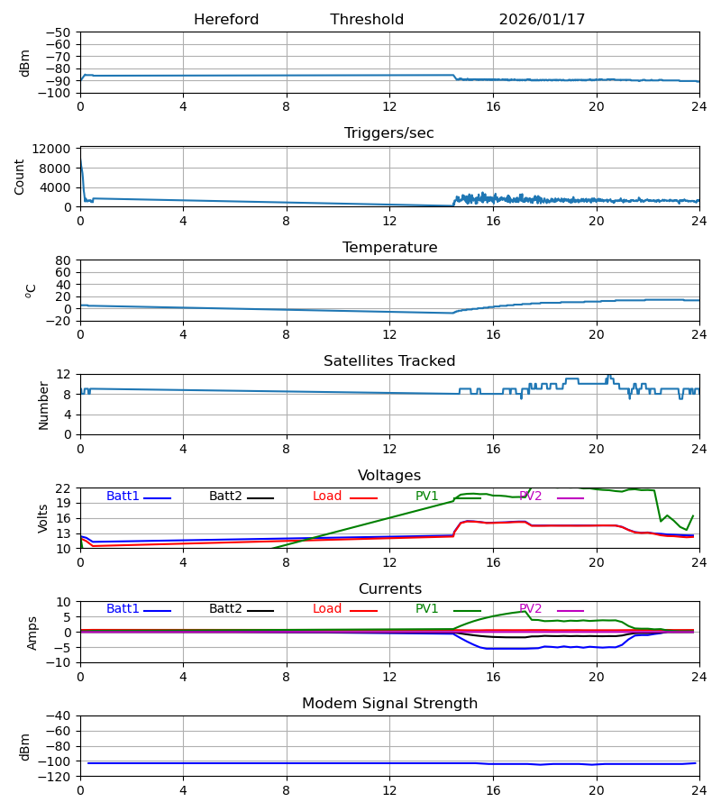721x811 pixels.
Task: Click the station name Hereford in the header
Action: click(226, 20)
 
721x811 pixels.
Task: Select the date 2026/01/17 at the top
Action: click(542, 20)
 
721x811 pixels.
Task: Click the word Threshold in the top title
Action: click(367, 20)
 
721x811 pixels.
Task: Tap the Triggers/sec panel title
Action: click(389, 133)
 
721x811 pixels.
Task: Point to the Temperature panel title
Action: click(389, 248)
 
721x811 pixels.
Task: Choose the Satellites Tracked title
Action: click(389, 361)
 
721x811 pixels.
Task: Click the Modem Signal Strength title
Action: click(389, 704)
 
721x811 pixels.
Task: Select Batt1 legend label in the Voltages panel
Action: click(123, 497)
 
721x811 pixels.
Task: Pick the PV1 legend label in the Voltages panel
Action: click(427, 497)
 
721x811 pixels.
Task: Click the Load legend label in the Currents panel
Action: click(327, 609)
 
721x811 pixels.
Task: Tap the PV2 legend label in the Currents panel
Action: click(531, 609)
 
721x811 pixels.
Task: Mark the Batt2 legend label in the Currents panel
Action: click(225, 609)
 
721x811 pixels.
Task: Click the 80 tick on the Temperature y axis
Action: click(63, 260)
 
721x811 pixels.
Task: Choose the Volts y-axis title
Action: click(42, 518)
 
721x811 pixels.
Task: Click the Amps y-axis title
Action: click(32, 633)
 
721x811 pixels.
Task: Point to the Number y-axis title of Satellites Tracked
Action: click(44, 405)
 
